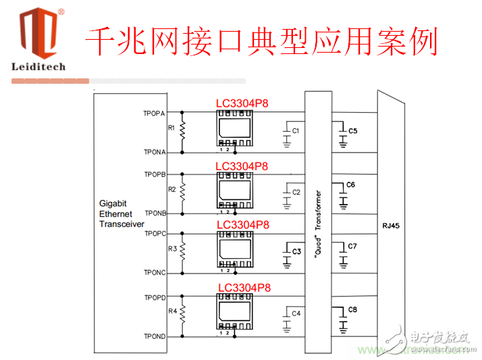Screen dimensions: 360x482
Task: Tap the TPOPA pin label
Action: [154, 113]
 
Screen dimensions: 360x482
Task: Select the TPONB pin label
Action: [155, 213]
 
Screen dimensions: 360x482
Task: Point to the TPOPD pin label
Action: [155, 297]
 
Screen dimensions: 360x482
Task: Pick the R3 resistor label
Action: [172, 249]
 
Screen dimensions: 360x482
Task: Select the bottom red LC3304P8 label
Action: [244, 288]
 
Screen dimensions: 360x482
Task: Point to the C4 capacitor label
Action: [296, 313]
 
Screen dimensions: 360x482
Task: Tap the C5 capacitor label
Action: [352, 130]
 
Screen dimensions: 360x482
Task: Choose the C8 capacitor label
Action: [352, 309]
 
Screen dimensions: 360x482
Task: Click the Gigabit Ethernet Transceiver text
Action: [122, 213]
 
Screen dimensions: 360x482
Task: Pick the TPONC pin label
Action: [155, 272]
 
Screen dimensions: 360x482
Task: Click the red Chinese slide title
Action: [261, 42]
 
